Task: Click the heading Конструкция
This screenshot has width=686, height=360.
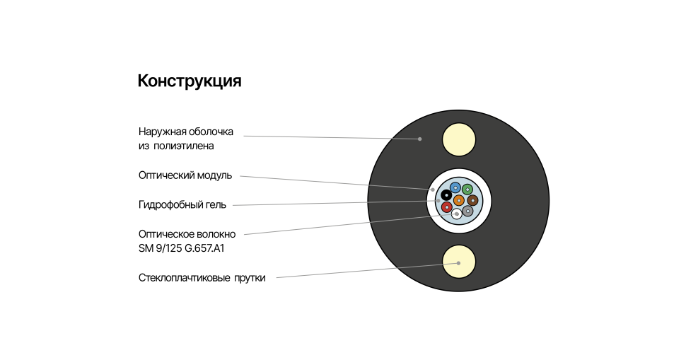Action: [x=189, y=81]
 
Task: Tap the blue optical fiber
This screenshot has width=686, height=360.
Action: [x=455, y=188]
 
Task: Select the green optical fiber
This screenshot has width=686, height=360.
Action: [x=467, y=190]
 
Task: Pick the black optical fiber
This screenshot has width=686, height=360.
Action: [x=446, y=195]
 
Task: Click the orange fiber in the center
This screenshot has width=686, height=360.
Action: [x=458, y=201]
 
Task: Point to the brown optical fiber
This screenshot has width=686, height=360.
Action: [x=472, y=201]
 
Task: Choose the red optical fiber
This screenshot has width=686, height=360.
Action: [x=447, y=207]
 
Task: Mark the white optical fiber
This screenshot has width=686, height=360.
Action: [x=457, y=214]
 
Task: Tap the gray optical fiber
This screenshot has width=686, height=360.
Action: [x=467, y=211]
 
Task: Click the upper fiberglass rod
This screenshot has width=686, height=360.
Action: [x=458, y=139]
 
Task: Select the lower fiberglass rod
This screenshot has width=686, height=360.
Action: [x=458, y=262]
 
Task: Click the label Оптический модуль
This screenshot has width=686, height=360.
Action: [x=185, y=175]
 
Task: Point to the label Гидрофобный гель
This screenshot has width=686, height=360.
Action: [x=182, y=204]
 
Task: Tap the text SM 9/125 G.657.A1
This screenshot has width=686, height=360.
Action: [x=181, y=248]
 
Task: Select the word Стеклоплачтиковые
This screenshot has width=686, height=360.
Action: [x=184, y=278]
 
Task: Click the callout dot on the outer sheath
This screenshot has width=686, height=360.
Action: [x=419, y=139]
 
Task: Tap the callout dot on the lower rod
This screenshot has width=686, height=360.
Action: [x=458, y=263]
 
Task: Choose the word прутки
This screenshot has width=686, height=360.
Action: [x=250, y=278]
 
